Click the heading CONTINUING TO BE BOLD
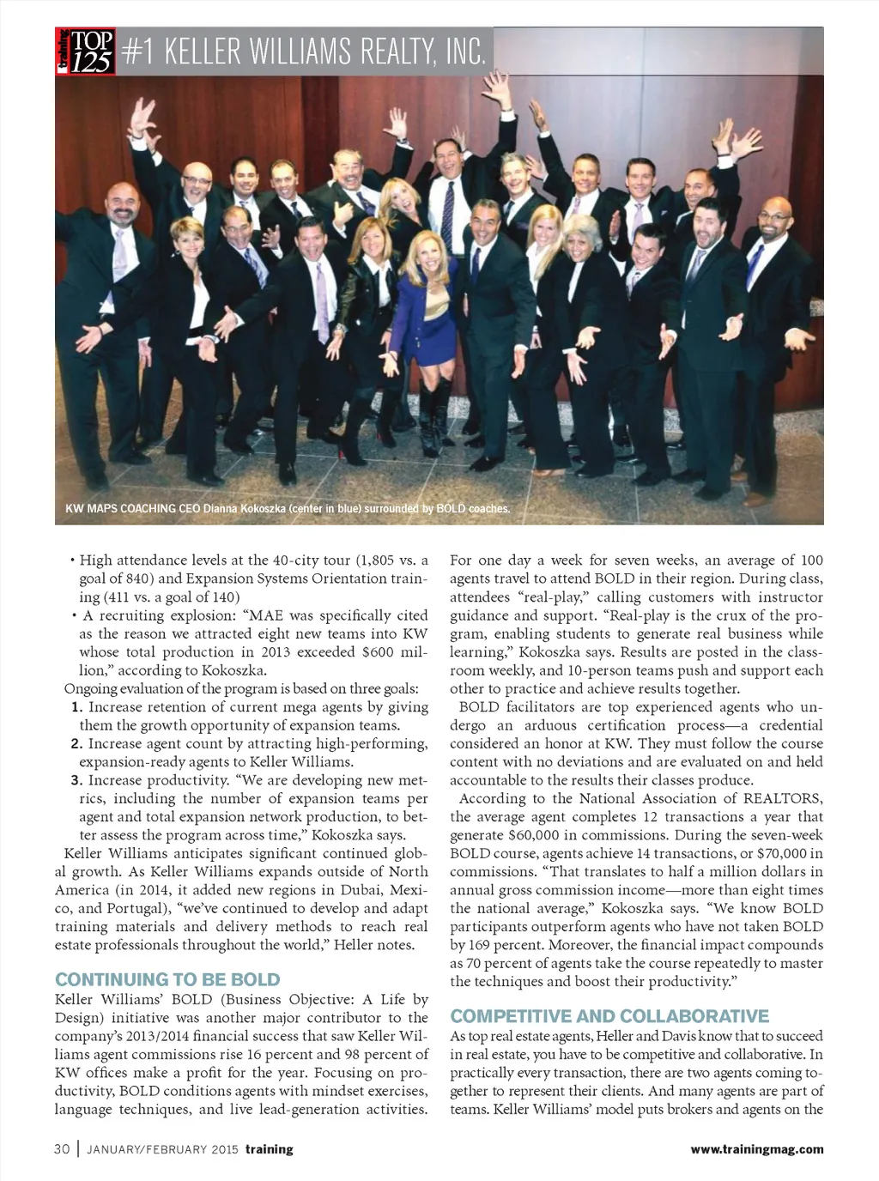click(x=167, y=979)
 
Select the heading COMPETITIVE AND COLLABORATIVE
click(x=609, y=1016)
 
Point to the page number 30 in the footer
click(x=62, y=1149)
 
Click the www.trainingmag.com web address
click(x=756, y=1149)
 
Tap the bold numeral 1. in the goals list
click(x=77, y=707)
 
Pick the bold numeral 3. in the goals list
click(x=77, y=780)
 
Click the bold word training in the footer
click(x=269, y=1149)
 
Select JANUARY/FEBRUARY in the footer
click(x=148, y=1149)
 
